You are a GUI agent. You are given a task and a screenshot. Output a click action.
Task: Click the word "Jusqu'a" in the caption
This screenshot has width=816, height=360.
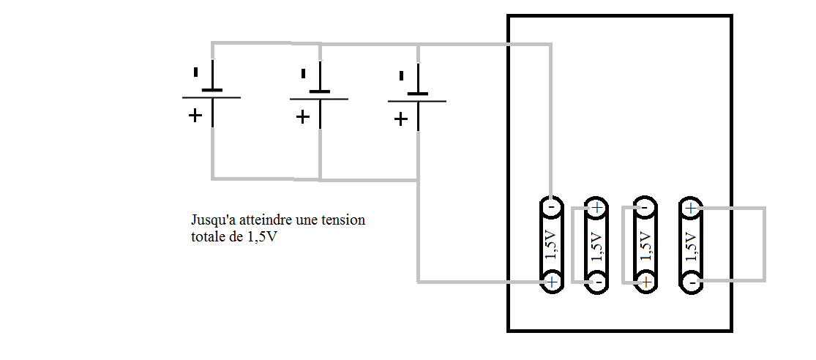tap(209, 220)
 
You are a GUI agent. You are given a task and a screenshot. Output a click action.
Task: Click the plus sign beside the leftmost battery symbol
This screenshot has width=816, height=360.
tap(195, 115)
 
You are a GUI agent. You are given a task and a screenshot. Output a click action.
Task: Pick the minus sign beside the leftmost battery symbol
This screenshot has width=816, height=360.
tap(195, 72)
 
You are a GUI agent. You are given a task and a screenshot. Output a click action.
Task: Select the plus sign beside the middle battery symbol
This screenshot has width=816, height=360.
tap(303, 116)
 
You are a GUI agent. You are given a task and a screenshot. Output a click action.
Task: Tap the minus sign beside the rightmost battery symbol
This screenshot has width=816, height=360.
tap(401, 76)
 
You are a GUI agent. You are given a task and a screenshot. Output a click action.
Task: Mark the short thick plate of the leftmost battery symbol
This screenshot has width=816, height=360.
tap(212, 90)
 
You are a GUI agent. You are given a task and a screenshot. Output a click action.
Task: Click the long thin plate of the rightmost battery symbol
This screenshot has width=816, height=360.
tap(416, 102)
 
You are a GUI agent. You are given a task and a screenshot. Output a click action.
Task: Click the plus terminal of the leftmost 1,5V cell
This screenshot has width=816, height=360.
tap(552, 281)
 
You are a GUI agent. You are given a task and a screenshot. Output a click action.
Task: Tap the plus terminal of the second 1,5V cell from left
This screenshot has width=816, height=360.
tap(597, 208)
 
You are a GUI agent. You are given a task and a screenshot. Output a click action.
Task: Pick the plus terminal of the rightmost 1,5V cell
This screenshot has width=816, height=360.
tap(691, 208)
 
